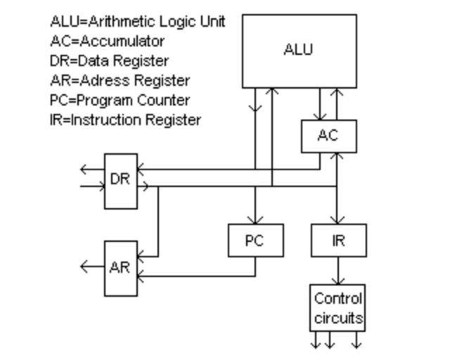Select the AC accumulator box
pyautogui.click(x=328, y=136)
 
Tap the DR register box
pyautogui.click(x=120, y=180)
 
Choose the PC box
pyautogui.click(x=255, y=240)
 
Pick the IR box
pyautogui.click(x=338, y=240)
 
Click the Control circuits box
pyautogui.click(x=338, y=308)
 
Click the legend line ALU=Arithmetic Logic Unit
pyautogui.click(x=138, y=21)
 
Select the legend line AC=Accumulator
pyautogui.click(x=107, y=41)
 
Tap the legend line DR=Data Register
pyautogui.click(x=109, y=60)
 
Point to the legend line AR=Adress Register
pyautogui.click(x=120, y=80)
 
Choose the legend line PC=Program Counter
pyautogui.click(x=120, y=100)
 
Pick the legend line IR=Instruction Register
pyautogui.click(x=125, y=120)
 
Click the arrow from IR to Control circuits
pyautogui.click(x=338, y=271)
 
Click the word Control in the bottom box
pyautogui.click(x=338, y=298)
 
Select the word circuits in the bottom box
pyautogui.click(x=338, y=318)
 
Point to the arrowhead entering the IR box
pyautogui.click(x=338, y=220)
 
